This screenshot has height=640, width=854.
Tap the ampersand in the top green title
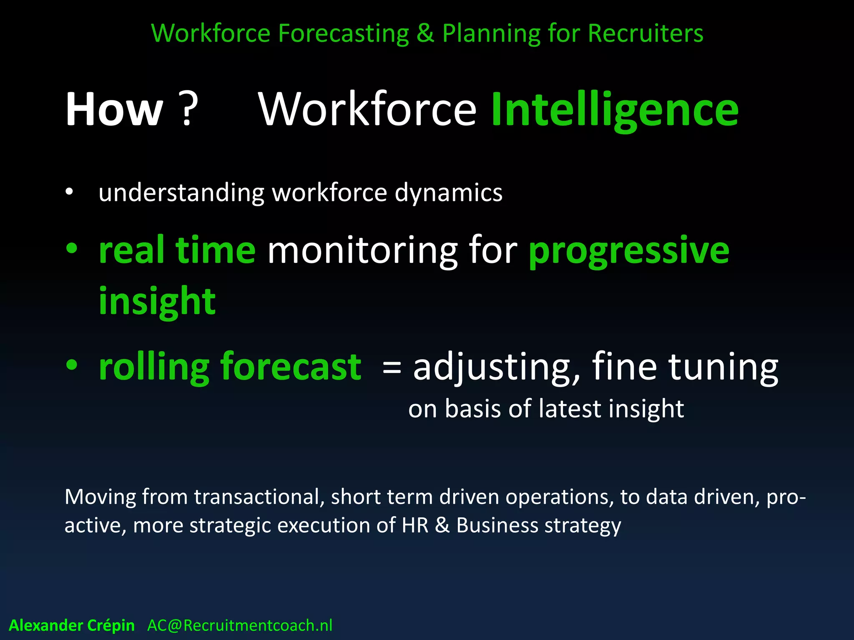(425, 33)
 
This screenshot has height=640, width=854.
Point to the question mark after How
(188, 109)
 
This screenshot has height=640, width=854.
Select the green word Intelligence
(615, 110)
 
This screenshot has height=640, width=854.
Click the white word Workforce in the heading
(367, 109)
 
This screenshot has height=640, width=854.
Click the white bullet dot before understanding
(69, 192)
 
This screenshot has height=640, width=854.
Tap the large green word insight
(157, 302)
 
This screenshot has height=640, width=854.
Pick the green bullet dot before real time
(72, 249)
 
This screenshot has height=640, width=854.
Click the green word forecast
(291, 367)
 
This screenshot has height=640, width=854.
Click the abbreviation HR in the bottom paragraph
(415, 525)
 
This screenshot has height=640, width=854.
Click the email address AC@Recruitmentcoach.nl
(240, 625)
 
